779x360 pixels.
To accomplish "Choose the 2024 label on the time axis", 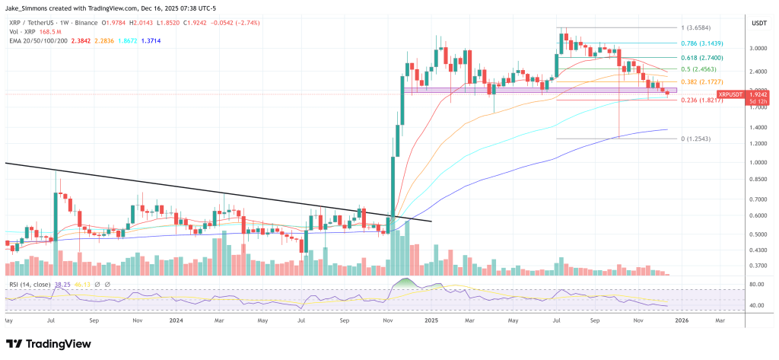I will tap(175, 320).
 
